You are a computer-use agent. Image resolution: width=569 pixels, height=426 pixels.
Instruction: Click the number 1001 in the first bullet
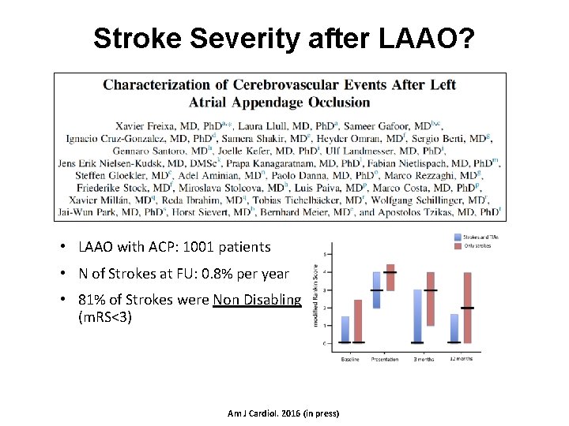(194, 247)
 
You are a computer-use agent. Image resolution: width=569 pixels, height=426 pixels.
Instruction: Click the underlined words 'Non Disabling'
(257, 301)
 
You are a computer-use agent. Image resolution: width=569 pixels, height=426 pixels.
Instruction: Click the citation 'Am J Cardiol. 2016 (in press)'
(282, 413)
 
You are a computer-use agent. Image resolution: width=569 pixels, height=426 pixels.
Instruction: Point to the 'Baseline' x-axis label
(350, 360)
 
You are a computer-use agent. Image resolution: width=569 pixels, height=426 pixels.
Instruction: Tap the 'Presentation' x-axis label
(384, 360)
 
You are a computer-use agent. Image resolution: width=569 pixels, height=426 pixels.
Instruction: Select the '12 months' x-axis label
(462, 359)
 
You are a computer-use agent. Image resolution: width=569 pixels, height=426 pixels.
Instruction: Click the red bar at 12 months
(467, 308)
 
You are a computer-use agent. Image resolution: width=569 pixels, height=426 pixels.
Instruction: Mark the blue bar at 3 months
(418, 316)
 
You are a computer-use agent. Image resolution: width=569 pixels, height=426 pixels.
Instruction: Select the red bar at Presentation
(390, 278)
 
